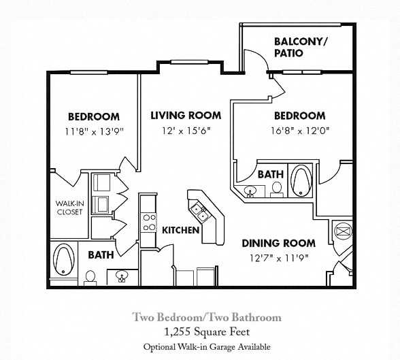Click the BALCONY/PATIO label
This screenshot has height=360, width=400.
(300, 47)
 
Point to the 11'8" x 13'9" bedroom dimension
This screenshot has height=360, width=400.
(94, 131)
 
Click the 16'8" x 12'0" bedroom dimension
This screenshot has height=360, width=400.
(299, 130)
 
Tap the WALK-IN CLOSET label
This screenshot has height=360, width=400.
(69, 208)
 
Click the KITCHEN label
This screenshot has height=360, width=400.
(180, 230)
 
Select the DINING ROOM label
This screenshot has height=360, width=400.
(279, 243)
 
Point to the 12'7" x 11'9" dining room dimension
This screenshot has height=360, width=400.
(279, 257)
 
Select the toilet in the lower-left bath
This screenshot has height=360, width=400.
(90, 277)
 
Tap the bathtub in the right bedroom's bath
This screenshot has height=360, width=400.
(300, 180)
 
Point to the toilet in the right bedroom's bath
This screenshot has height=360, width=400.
(276, 190)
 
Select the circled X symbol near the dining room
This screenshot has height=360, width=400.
(343, 231)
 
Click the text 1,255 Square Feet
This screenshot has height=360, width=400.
(206, 332)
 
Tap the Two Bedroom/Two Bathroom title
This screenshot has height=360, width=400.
(206, 317)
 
